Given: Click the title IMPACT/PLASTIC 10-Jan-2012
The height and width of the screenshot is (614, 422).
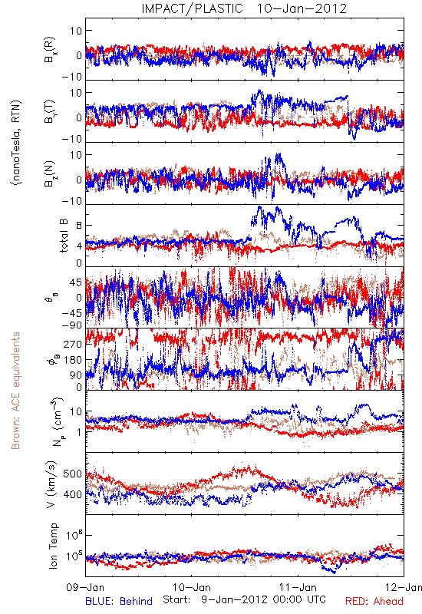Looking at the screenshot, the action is click(x=244, y=8).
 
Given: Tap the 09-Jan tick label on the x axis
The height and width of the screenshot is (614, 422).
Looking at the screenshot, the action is click(x=85, y=587).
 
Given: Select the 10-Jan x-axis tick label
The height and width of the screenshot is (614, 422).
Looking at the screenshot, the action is click(x=192, y=587).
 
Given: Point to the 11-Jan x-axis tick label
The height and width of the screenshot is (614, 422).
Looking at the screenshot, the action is click(x=298, y=587).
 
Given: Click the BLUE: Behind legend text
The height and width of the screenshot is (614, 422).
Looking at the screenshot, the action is click(x=119, y=601).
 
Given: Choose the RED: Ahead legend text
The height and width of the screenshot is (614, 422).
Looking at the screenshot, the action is click(x=374, y=601).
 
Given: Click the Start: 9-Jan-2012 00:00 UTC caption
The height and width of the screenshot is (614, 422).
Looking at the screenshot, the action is click(x=244, y=599).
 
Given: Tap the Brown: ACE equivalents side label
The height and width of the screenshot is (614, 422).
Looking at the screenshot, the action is click(x=15, y=391).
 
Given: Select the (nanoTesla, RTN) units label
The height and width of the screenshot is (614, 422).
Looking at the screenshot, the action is click(x=16, y=142).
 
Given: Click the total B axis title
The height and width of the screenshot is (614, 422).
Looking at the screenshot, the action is click(x=64, y=236).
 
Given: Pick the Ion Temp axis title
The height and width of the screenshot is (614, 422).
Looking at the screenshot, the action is click(x=53, y=546).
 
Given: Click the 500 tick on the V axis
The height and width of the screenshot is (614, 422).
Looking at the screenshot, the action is click(x=72, y=474).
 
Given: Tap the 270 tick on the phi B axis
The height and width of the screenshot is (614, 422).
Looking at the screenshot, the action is click(x=72, y=344).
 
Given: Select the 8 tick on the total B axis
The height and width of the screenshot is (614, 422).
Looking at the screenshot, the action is click(x=79, y=225).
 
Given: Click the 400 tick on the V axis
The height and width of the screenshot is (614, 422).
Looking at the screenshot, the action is click(x=72, y=494).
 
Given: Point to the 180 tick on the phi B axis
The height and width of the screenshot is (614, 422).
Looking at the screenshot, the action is click(x=72, y=359).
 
